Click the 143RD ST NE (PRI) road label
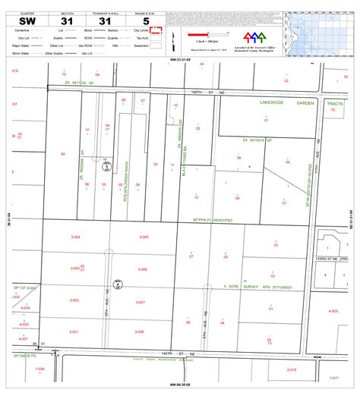[332, 259]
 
